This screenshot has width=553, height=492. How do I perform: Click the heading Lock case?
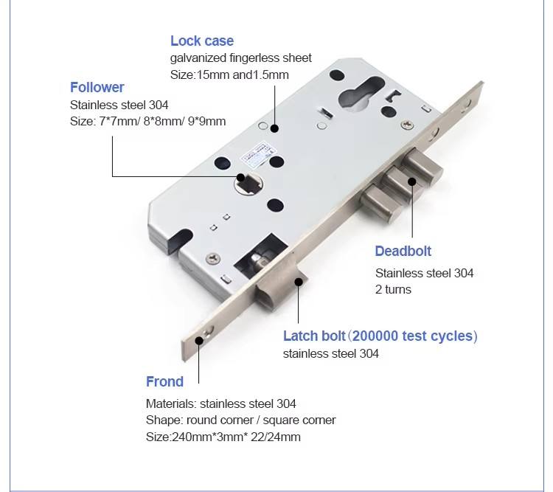coord(202,41)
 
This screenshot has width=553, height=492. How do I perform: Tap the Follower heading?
coord(97,87)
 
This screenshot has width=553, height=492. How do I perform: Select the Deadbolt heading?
coord(403,251)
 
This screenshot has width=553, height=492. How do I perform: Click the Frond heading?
coord(164,381)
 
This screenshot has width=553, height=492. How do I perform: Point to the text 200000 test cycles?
coord(412,336)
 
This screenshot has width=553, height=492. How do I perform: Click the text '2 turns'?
coord(393,289)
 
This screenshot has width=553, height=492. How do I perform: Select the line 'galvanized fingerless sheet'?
coord(241,58)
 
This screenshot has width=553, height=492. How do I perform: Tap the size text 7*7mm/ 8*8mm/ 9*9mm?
coord(162,121)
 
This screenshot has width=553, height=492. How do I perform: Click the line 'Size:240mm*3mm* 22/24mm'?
coord(223,437)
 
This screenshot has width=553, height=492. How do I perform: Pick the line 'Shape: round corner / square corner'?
coord(240,420)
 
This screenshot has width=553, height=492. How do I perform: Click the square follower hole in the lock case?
coord(249,183)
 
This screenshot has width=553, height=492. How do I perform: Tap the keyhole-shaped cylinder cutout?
coord(361,91)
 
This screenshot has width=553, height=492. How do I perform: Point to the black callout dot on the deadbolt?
coord(412,181)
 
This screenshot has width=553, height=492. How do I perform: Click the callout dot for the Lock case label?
coord(274,128)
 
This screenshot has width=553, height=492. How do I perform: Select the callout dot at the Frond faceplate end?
coord(199,341)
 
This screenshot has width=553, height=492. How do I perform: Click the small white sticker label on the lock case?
coord(257,153)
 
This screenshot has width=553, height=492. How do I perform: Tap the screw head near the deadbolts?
coord(408,125)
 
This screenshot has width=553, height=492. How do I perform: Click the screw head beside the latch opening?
coord(213,259)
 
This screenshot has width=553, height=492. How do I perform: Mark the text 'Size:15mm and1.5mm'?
coord(229,75)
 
